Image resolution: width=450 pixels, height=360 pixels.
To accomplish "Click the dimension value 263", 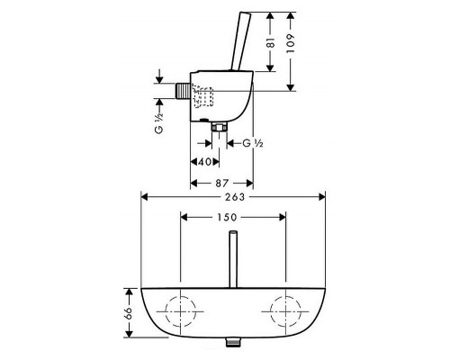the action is point(235,197).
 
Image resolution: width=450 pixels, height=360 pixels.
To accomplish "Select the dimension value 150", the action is point(226,217).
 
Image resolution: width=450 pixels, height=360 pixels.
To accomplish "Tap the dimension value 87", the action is point(222,183).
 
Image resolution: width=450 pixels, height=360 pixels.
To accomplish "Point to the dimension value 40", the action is point(205,162).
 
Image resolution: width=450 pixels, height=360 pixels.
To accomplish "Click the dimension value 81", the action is point(271,43).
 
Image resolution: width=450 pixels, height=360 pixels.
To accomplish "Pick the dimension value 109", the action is point(291,44).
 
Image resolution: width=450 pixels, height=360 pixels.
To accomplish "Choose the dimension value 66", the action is point(129,313).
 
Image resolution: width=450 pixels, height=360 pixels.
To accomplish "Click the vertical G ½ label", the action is point(159,123).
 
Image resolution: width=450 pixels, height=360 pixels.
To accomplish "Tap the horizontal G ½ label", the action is point(253,143).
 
